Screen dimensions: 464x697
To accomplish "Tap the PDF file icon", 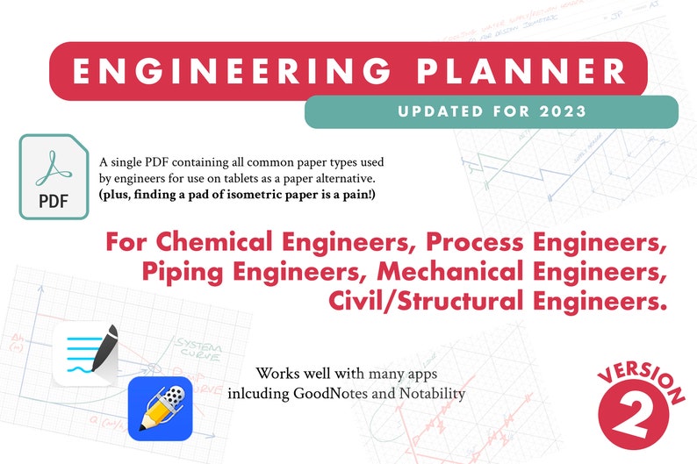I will click(x=54, y=176).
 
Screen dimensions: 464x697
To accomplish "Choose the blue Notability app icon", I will click(x=160, y=407).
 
